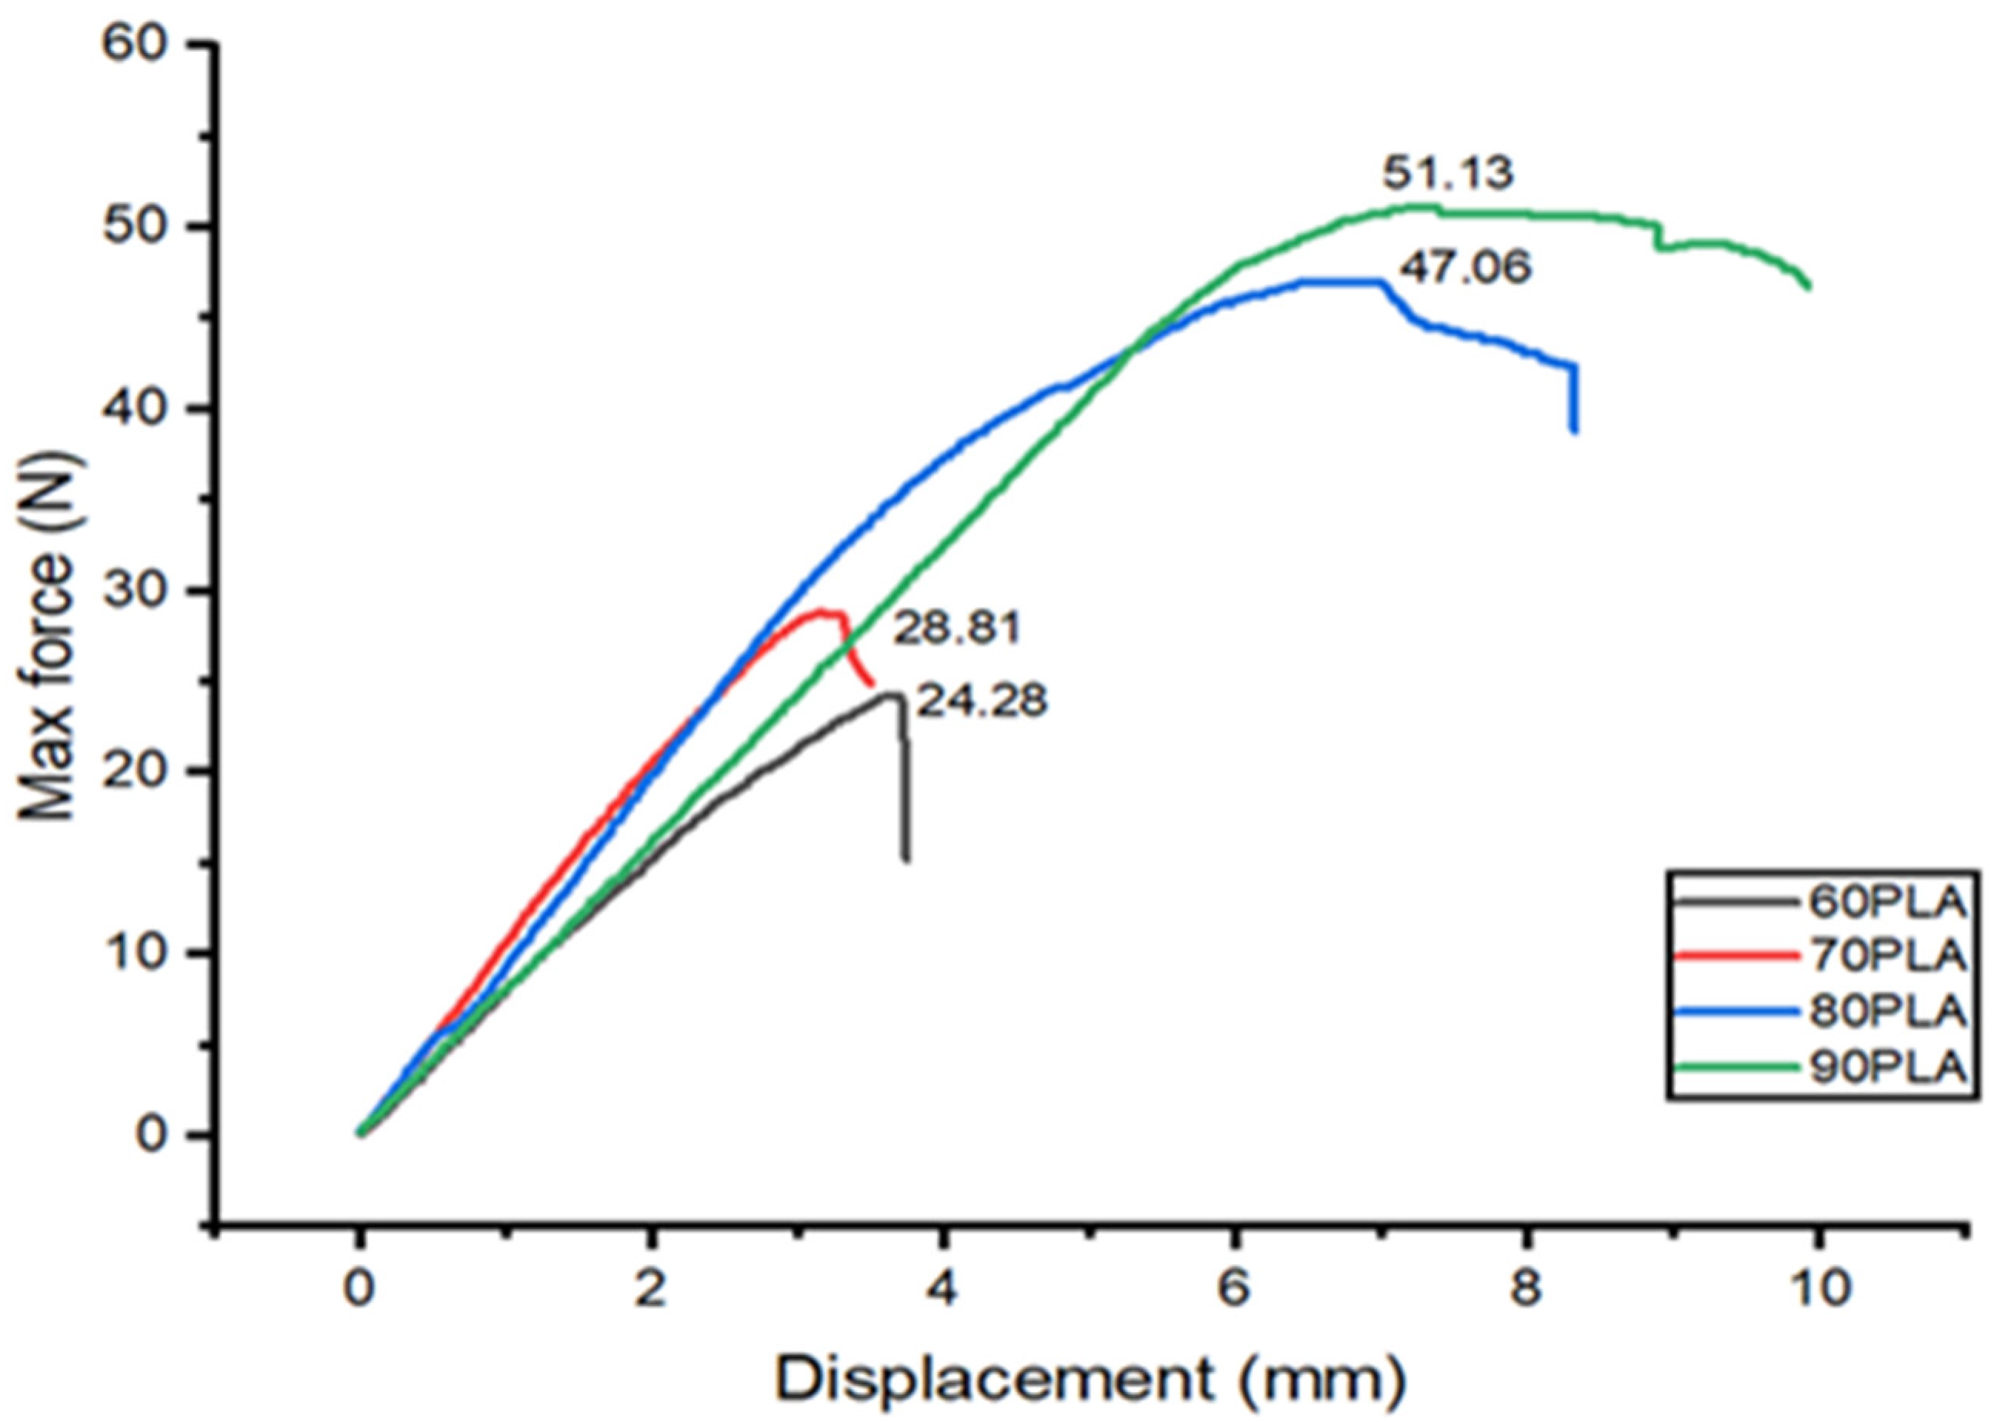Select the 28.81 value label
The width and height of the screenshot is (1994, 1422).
point(956,628)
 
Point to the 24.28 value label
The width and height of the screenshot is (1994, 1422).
point(981,701)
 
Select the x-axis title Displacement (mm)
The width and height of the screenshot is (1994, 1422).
point(1089,1380)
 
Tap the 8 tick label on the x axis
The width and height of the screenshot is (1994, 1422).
point(1526,1290)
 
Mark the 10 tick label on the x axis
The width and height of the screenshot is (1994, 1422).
point(1818,1290)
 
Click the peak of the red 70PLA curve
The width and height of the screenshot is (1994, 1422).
point(823,611)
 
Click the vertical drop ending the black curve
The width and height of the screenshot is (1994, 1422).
point(905,788)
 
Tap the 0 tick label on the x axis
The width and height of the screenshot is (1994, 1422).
point(358,1290)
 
